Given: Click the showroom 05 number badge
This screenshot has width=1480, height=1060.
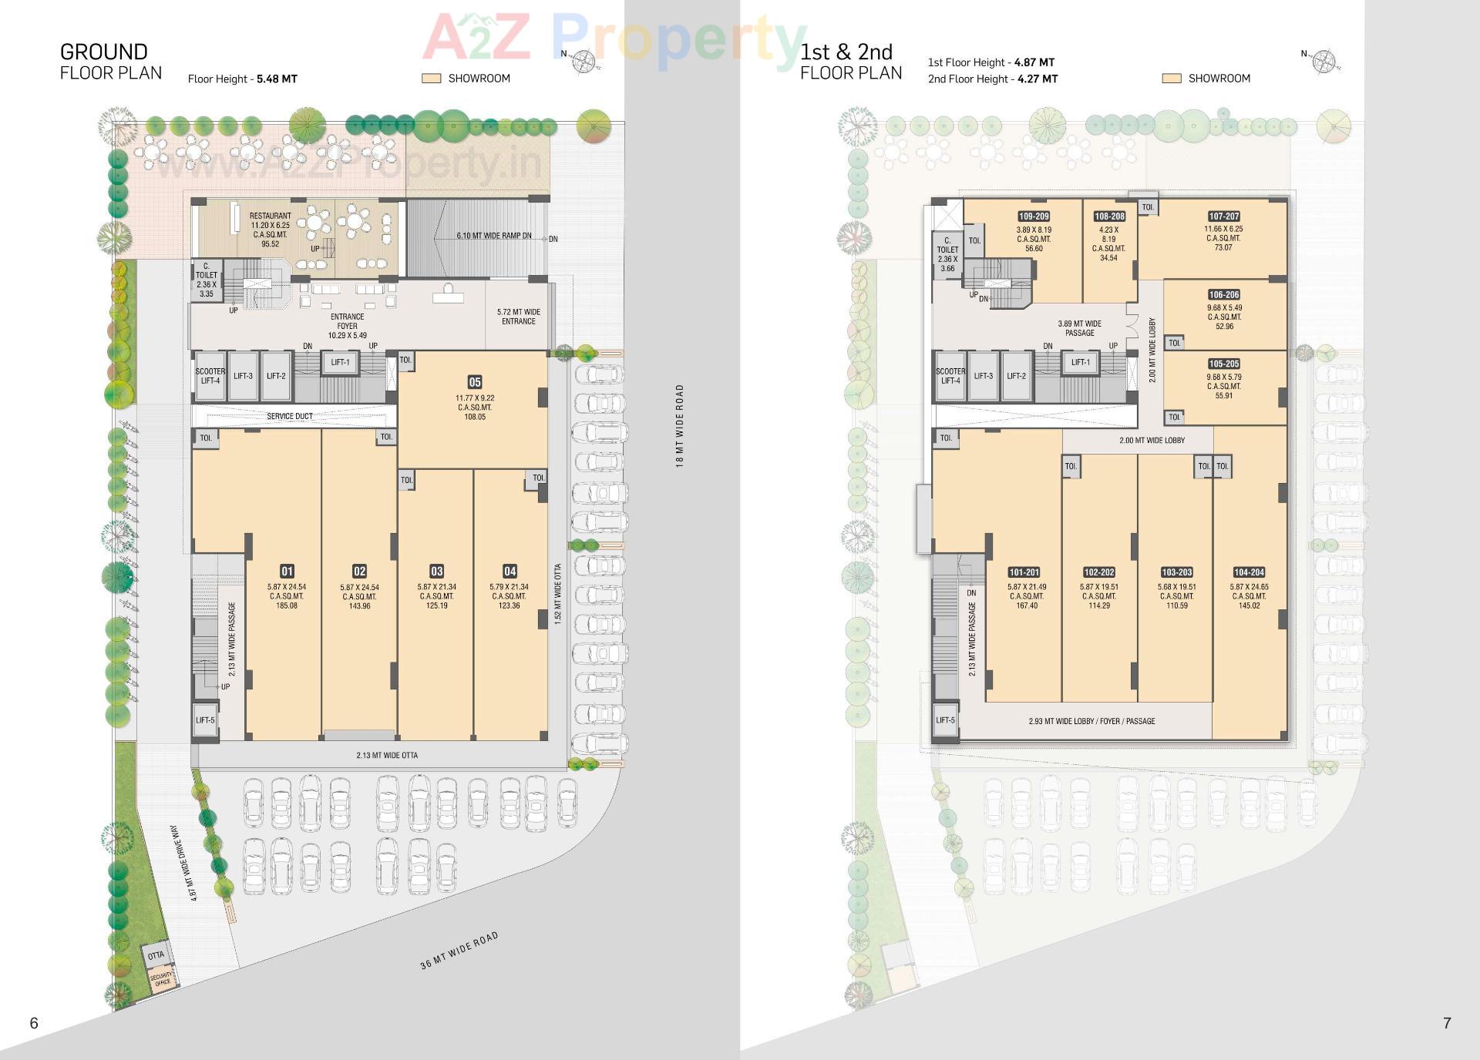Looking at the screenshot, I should (x=475, y=382).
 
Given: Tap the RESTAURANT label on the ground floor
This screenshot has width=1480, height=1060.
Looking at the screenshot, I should (x=270, y=216).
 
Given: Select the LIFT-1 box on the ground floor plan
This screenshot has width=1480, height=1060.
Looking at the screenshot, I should (x=340, y=363).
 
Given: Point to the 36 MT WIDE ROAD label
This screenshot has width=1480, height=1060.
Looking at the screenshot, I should (x=459, y=951).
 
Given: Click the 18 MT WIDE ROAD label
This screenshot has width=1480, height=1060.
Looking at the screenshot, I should (x=679, y=425).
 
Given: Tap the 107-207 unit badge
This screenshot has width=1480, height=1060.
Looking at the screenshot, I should (x=1223, y=216).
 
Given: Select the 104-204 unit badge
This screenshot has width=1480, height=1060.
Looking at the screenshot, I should (x=1249, y=572).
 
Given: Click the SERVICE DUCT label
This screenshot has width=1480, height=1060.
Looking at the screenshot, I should (x=290, y=416).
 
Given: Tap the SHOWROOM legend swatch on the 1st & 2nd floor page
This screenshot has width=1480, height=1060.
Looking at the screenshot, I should (x=1171, y=79).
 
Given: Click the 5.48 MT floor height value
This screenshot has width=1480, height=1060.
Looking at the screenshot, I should (x=277, y=79).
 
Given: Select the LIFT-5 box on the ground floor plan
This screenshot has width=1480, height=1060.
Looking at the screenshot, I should (x=205, y=720).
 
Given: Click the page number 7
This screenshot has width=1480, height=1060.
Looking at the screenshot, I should (x=1447, y=1023).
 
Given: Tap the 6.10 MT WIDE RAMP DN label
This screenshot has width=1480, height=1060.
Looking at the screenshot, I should (x=493, y=236).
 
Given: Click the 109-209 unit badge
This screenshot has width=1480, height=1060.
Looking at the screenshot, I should (x=1034, y=216).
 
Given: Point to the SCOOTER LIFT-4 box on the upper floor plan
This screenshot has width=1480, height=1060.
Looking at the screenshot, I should (x=950, y=376).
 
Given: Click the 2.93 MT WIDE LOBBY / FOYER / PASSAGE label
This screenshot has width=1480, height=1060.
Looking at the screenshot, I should (x=1091, y=721).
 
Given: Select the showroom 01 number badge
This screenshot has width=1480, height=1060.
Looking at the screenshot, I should (x=287, y=571).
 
